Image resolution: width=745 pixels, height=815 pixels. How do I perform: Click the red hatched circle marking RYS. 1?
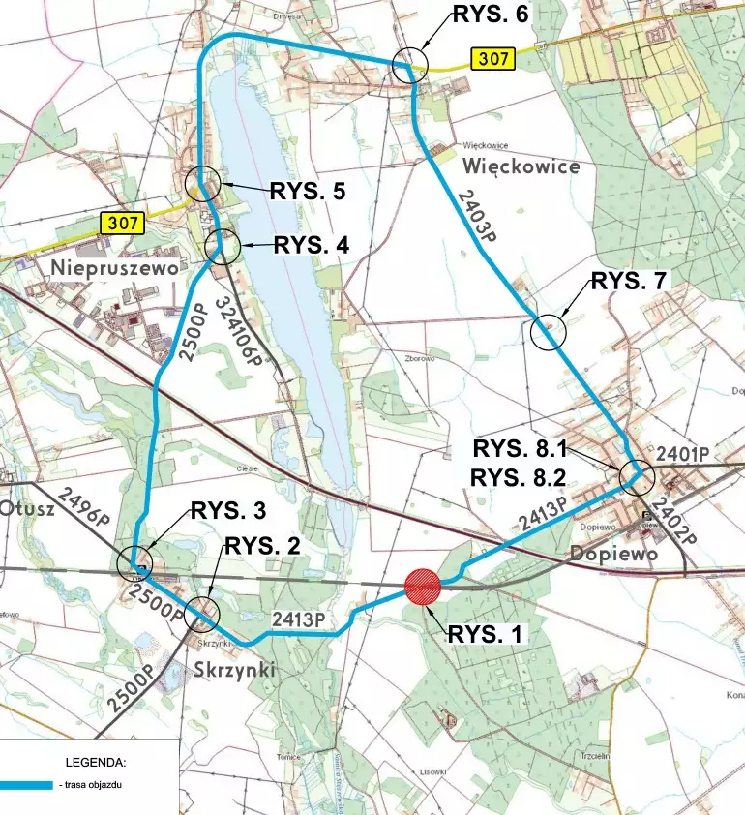(422, 587)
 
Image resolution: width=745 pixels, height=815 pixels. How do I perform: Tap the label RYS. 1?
(484, 635)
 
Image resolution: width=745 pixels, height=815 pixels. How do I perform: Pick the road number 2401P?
(682, 454)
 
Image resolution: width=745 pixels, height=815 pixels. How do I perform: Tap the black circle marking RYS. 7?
(549, 332)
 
